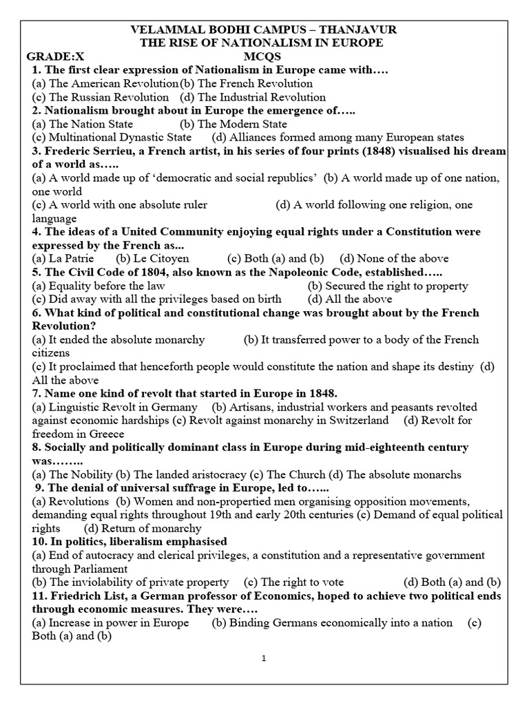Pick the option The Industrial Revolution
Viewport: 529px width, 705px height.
(x=253, y=97)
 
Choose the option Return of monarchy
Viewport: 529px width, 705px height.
(x=143, y=528)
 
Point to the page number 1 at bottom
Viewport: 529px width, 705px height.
(x=264, y=658)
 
